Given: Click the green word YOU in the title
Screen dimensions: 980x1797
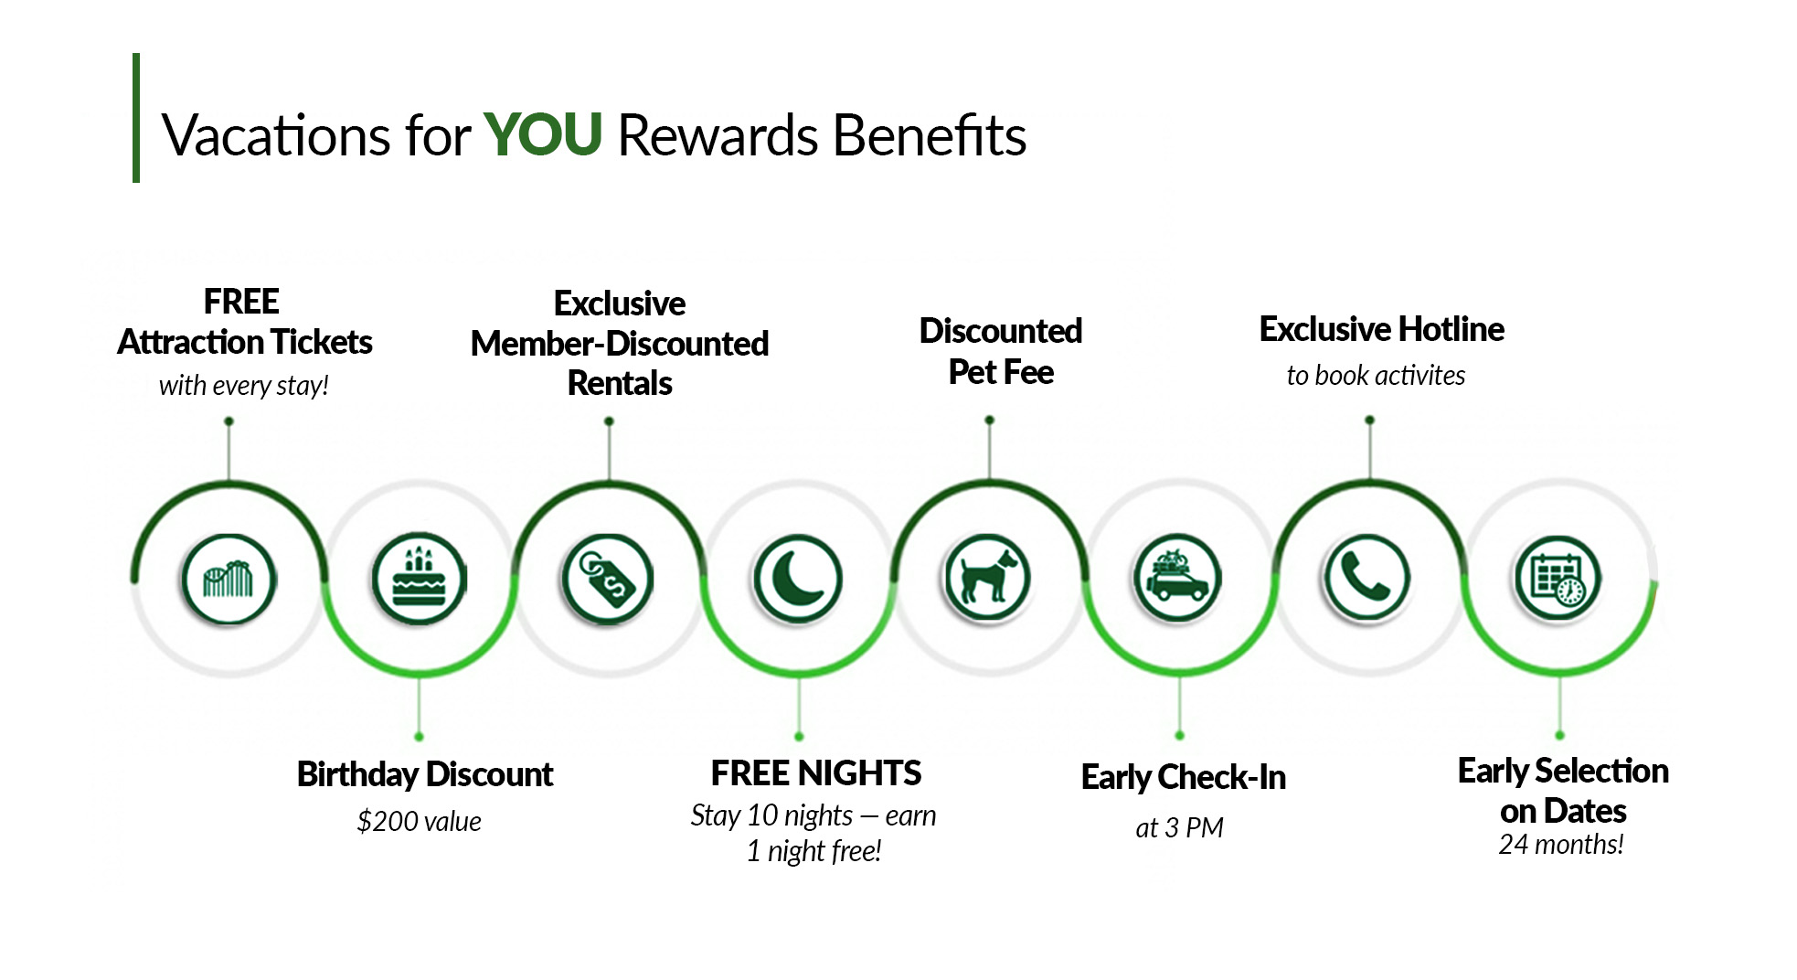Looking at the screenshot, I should coord(542,134).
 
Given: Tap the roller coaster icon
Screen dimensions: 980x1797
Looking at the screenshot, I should coord(229,579).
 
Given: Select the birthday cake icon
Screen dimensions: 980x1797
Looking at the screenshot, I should coord(419,579).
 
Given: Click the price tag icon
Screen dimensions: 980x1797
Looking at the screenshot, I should coord(608,579).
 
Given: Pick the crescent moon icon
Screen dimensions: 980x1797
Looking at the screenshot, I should coord(798,579).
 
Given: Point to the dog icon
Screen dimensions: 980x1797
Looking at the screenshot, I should coord(987,579).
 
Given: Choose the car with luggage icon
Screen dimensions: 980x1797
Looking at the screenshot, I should coord(1177,579).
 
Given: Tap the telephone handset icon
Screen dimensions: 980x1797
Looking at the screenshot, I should coord(1367,579).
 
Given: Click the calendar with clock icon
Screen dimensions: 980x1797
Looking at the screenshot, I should coord(1558,579).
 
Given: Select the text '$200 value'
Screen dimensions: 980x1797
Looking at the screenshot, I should coord(419,821).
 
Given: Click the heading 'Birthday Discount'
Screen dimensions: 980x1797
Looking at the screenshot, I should coord(425,774).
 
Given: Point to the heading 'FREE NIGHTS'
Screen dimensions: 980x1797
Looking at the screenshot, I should coord(815,773).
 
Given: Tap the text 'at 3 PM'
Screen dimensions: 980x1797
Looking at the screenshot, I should coord(1179,827).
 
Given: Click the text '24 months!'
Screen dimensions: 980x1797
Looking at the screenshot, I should coord(1561,844).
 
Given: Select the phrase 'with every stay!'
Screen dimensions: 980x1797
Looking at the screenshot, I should coord(243,385).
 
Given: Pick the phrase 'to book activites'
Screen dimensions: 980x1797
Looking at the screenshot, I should coord(1376,375).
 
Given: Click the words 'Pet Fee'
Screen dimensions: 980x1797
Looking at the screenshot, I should coord(1001,372).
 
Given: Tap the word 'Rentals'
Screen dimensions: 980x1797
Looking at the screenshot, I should coord(620,383).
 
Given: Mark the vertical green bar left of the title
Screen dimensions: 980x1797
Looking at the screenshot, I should coord(136,118).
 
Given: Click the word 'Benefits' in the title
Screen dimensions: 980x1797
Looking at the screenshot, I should coord(930,135).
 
